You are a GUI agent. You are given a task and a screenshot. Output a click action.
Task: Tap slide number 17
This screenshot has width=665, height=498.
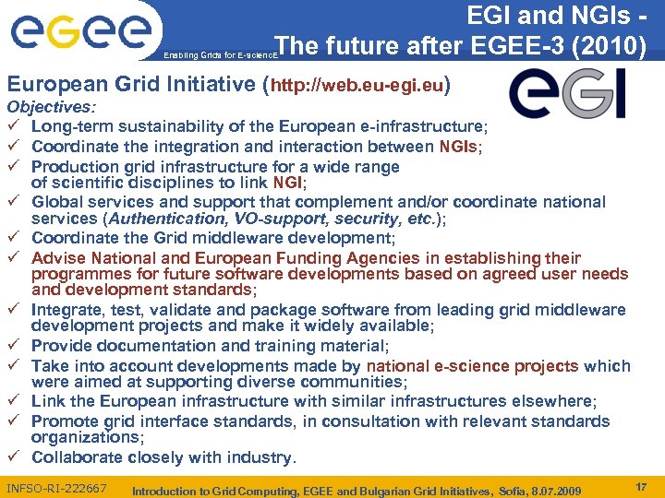(640, 485)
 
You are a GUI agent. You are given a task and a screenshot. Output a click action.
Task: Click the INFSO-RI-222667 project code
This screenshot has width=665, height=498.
(55, 488)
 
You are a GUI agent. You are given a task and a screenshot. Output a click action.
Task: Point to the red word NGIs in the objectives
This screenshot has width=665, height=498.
(458, 146)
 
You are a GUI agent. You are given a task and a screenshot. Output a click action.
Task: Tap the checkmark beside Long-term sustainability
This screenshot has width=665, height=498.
(12, 126)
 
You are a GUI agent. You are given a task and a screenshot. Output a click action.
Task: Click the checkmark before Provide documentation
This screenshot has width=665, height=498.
(12, 346)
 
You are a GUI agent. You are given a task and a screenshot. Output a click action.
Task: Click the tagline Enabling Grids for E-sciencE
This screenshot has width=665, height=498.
(218, 55)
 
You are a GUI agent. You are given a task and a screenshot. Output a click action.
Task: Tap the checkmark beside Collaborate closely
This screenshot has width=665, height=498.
(12, 457)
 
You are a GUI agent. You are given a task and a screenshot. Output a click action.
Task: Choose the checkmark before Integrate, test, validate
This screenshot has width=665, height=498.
(12, 311)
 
